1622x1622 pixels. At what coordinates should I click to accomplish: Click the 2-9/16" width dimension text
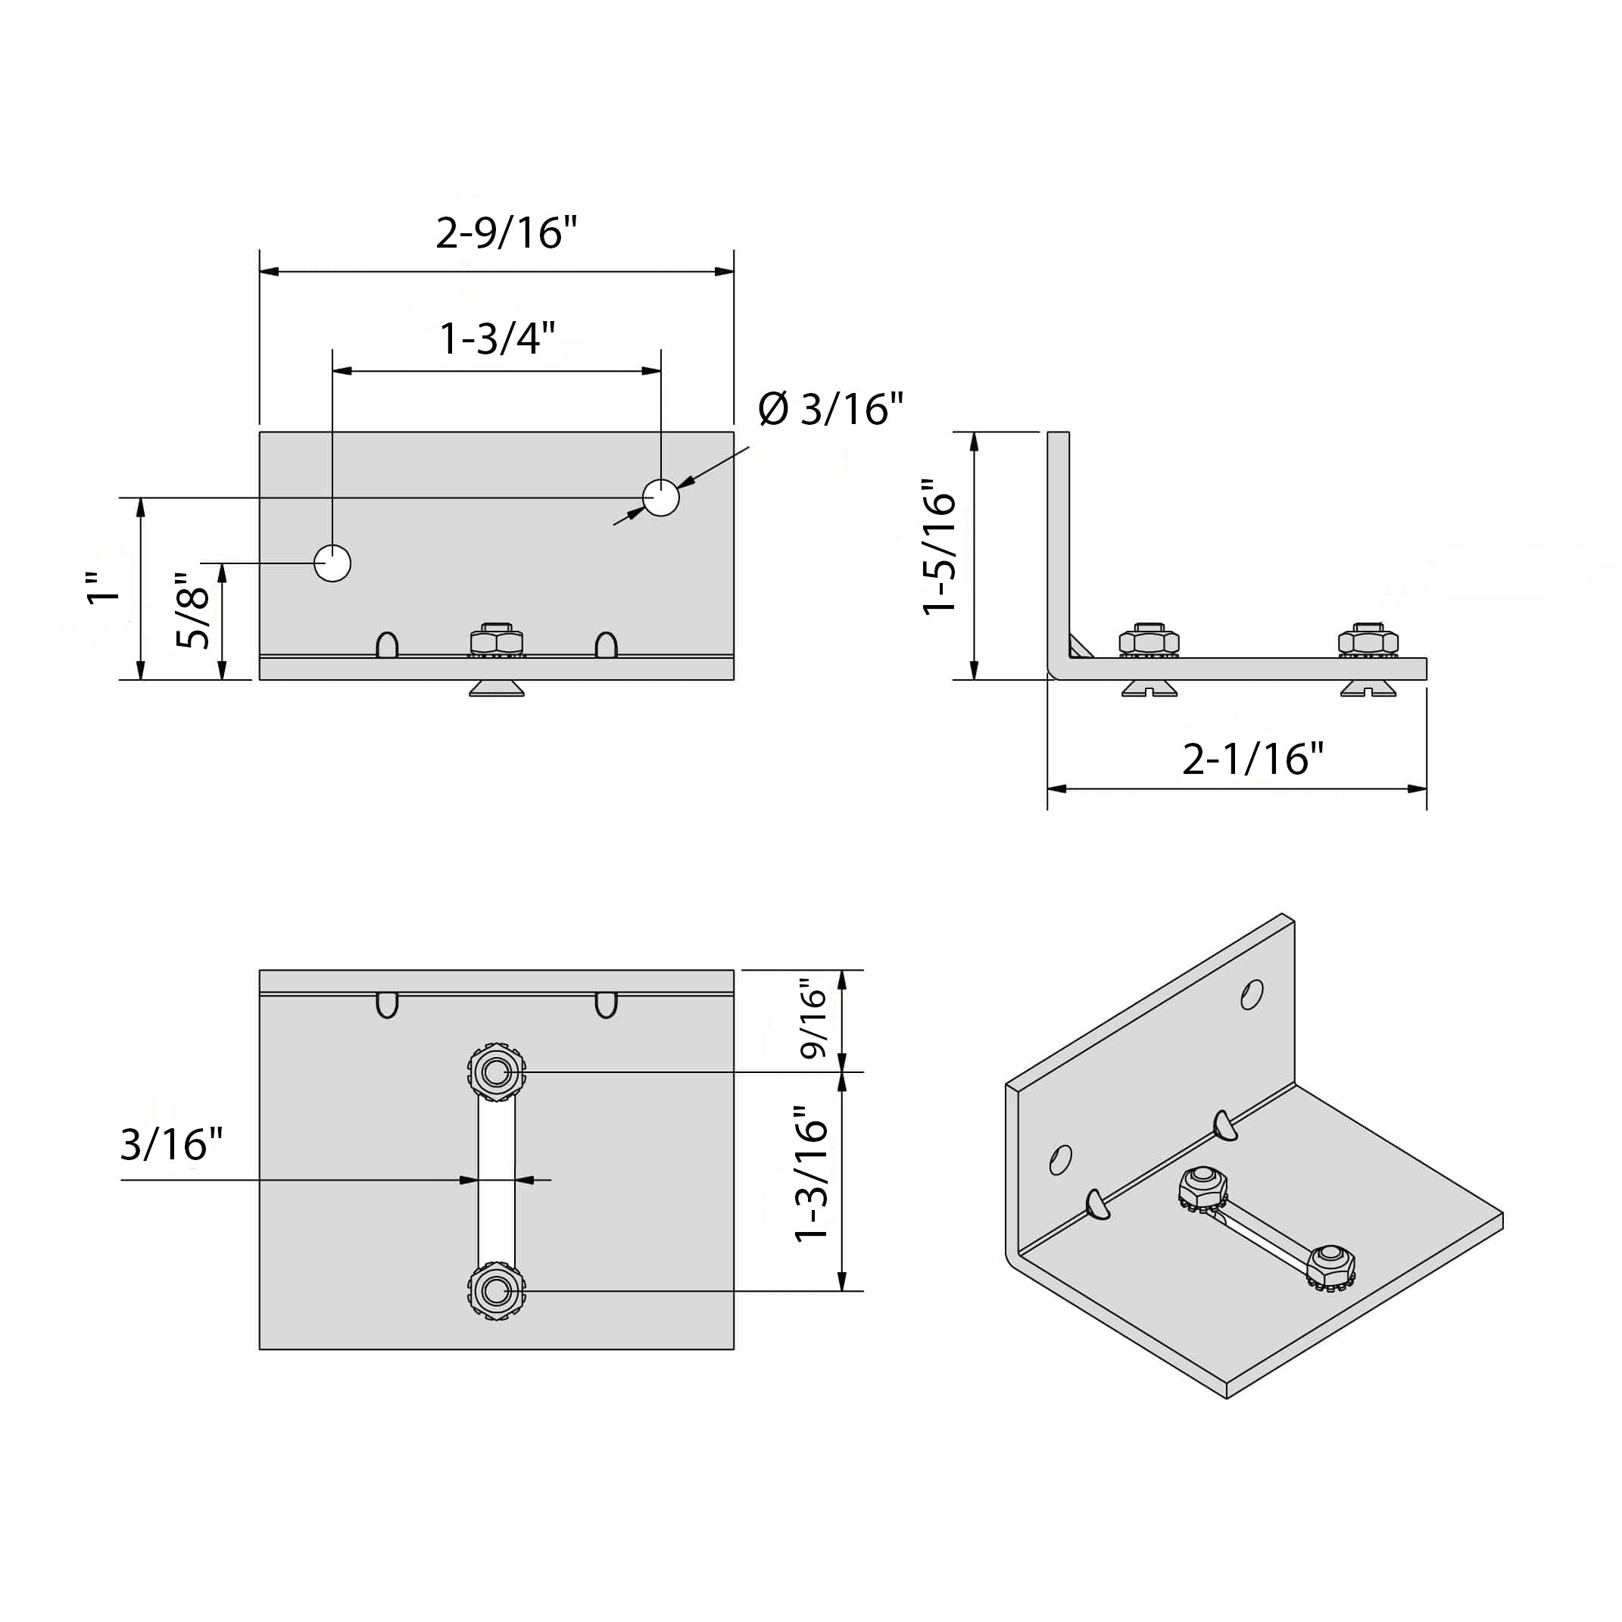click(x=507, y=232)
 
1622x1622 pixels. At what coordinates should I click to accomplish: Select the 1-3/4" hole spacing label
click(x=497, y=338)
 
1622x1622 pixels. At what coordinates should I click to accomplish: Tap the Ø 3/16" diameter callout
click(x=829, y=409)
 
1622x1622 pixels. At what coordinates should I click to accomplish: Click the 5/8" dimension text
click(x=193, y=610)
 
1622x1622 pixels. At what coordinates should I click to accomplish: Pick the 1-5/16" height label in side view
click(x=940, y=547)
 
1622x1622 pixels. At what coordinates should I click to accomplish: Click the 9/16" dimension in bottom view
click(x=813, y=1018)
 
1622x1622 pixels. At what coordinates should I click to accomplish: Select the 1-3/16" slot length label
click(x=811, y=1173)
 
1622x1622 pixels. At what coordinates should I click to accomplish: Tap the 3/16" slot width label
click(x=171, y=1143)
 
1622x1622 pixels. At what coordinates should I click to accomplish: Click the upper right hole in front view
click(x=661, y=498)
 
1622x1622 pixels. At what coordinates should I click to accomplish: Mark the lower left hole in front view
click(x=332, y=563)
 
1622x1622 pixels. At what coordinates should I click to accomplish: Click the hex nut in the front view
click(x=496, y=641)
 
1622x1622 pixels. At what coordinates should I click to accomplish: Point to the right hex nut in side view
click(x=1368, y=641)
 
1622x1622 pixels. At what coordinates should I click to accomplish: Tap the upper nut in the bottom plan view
click(x=496, y=1072)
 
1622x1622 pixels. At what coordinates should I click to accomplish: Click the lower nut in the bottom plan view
click(x=496, y=1290)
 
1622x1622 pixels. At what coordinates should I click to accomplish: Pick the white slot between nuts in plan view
click(x=496, y=1180)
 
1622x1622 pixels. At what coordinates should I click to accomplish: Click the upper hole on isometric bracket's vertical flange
click(x=1251, y=995)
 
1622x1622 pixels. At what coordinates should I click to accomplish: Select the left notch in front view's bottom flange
click(x=387, y=644)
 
